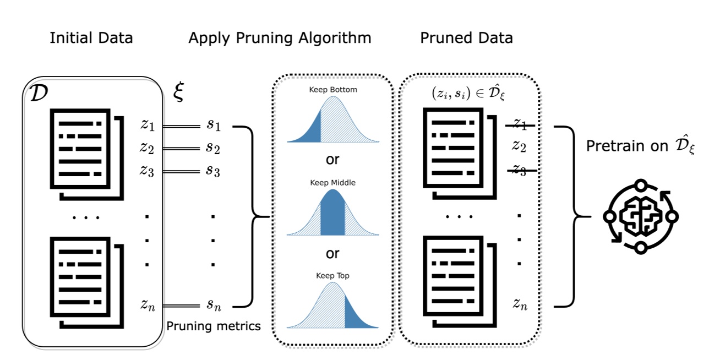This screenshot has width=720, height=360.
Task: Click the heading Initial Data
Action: pos(91,38)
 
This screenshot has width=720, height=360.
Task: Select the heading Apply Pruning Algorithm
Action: pos(280,38)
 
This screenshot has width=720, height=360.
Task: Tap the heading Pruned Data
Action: pos(466,38)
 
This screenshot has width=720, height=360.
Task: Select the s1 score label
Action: pos(214,126)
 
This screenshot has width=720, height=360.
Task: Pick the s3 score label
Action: pos(214,171)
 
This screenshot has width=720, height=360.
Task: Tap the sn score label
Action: pos(214,304)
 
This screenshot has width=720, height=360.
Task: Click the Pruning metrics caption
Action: pos(214,326)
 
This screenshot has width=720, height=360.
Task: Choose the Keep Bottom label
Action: pos(332,89)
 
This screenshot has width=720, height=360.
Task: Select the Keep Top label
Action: pos(332,276)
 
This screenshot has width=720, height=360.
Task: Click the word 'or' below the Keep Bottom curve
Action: pos(332,160)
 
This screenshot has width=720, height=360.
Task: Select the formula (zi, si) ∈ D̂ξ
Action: pos(468,94)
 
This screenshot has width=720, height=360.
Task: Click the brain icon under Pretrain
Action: pos(640,216)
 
